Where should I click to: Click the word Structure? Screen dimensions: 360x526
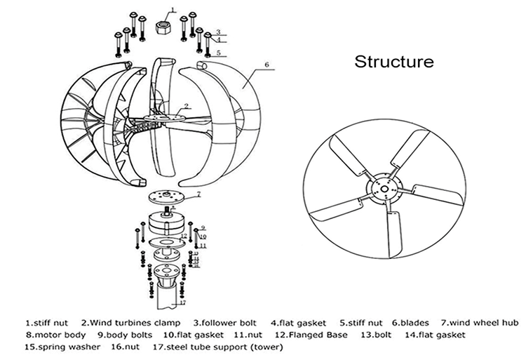(x=393, y=62)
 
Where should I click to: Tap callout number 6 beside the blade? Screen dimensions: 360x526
(x=266, y=65)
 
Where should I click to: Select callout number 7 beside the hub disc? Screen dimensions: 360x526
(x=198, y=193)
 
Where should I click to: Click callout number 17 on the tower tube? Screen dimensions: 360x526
(x=182, y=303)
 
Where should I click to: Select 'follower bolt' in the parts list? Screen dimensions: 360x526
(x=229, y=324)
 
